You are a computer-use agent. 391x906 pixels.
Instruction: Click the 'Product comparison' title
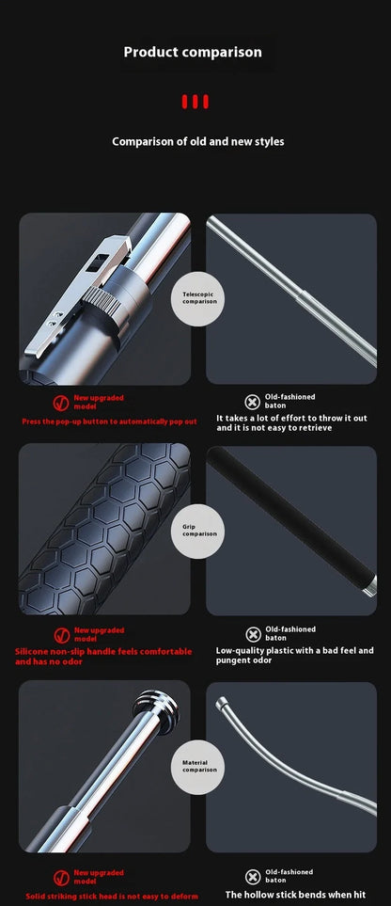click(x=193, y=52)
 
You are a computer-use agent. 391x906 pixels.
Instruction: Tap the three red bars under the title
click(x=195, y=102)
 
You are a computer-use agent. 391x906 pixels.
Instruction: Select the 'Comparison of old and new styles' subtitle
click(x=197, y=141)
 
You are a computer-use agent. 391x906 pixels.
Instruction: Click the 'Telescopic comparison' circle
click(x=198, y=298)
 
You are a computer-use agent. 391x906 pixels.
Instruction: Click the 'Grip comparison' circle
click(x=198, y=531)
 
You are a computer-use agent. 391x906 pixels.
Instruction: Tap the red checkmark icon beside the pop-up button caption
click(x=61, y=402)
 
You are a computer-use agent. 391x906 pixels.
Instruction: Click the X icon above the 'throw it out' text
click(x=252, y=402)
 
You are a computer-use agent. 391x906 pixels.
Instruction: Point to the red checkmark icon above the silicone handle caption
click(x=61, y=635)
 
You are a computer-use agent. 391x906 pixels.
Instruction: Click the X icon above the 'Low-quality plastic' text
click(x=252, y=634)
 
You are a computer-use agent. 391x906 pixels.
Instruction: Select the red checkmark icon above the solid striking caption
click(x=61, y=877)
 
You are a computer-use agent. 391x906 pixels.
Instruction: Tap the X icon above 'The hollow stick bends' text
click(x=252, y=877)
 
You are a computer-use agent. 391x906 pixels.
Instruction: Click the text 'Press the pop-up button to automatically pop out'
click(x=109, y=421)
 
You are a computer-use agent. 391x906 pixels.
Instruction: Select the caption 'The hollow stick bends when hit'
click(x=295, y=895)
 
